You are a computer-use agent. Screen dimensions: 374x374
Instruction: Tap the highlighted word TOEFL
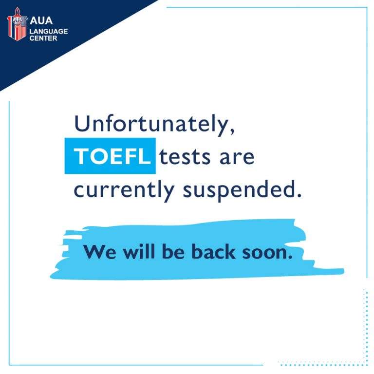click(x=112, y=156)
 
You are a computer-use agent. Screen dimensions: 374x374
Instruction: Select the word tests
click(x=185, y=157)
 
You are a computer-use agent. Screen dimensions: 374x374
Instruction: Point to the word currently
click(x=124, y=190)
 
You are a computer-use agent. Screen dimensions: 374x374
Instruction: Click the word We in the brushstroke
click(x=100, y=252)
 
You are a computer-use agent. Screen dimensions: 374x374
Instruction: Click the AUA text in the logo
click(x=41, y=20)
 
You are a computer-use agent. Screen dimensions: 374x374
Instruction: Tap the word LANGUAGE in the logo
click(x=49, y=31)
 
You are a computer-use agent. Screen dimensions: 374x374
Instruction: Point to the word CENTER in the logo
click(x=43, y=38)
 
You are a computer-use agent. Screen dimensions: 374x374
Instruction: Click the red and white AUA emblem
click(x=17, y=24)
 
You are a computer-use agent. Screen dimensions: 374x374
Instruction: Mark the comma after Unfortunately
click(x=232, y=131)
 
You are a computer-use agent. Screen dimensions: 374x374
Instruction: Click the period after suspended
click(x=299, y=195)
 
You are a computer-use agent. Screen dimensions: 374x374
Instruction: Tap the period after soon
click(x=290, y=257)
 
